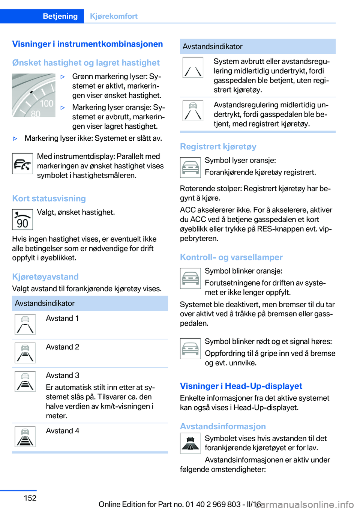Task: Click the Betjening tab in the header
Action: click(60, 16)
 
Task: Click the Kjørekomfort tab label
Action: click(114, 16)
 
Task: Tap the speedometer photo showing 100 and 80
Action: click(34, 95)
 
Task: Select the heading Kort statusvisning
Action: click(49, 198)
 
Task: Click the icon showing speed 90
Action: click(22, 219)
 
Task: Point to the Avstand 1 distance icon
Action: click(25, 324)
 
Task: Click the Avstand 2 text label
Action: click(63, 347)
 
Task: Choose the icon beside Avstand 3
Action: click(25, 381)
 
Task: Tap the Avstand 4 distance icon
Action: click(25, 437)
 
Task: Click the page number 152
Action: click(30, 498)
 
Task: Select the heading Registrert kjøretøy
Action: click(218, 147)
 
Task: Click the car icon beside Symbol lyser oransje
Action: click(190, 167)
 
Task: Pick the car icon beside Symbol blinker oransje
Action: click(190, 278)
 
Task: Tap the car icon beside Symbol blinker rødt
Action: click(190, 349)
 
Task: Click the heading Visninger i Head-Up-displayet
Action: click(241, 386)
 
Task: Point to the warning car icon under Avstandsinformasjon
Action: click(190, 443)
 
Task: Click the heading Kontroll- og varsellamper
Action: click(231, 257)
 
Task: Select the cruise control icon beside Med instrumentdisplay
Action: click(22, 164)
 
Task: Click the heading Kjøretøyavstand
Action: click(45, 277)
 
